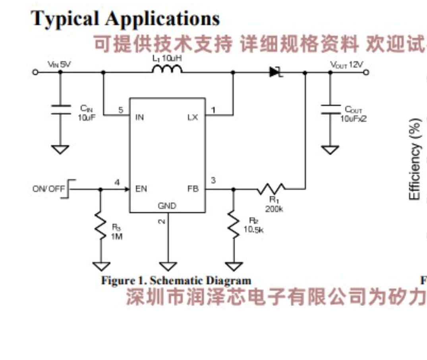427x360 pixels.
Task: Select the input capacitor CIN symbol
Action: click(x=60, y=109)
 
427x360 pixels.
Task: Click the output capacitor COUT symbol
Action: click(x=330, y=109)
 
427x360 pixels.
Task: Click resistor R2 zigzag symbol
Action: click(x=233, y=225)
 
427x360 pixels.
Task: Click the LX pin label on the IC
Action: click(x=193, y=117)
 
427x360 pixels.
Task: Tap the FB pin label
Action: click(x=193, y=189)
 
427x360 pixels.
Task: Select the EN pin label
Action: click(x=141, y=189)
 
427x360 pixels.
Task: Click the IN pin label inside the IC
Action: click(x=139, y=117)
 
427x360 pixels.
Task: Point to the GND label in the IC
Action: click(x=167, y=206)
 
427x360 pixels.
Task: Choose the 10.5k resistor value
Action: click(x=253, y=229)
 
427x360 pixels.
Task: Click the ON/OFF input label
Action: click(x=48, y=189)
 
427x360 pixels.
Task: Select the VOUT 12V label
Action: click(x=346, y=65)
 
